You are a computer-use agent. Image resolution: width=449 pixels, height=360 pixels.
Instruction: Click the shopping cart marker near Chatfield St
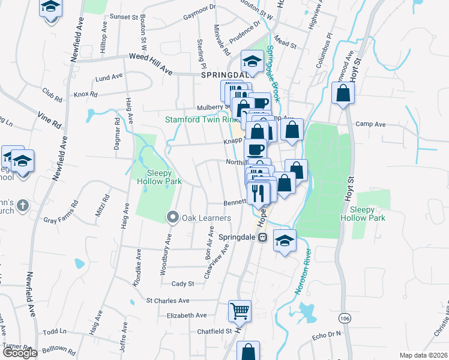(240, 311)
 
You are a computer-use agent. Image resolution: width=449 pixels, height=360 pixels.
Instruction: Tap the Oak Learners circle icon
(173, 217)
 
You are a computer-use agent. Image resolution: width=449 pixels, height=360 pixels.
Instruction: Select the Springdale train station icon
(262, 238)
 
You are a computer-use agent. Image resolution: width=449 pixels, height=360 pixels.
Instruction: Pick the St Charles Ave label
(168, 301)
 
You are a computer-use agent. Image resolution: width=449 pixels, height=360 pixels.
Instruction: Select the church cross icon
(22, 205)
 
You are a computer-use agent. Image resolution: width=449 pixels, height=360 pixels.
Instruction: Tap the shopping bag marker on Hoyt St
(343, 93)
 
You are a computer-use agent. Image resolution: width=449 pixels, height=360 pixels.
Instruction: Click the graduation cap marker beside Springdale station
(285, 241)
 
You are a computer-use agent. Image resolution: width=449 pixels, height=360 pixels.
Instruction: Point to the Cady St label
(183, 283)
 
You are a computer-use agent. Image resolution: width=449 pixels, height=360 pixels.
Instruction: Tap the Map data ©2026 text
(423, 355)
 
